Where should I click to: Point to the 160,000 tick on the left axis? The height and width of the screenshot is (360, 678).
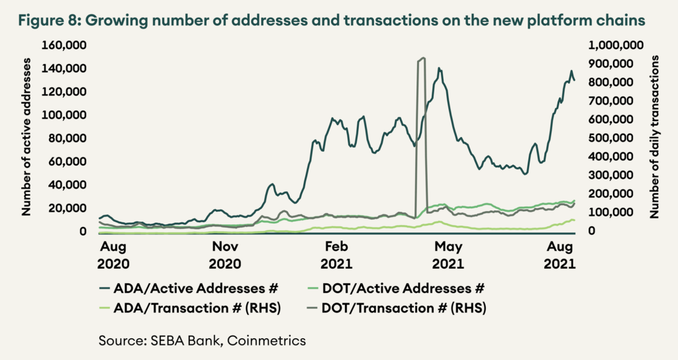pos(65,45)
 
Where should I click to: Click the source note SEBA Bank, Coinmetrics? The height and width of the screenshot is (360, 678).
pos(202,340)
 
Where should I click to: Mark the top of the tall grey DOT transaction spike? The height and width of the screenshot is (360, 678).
pos(421,58)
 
